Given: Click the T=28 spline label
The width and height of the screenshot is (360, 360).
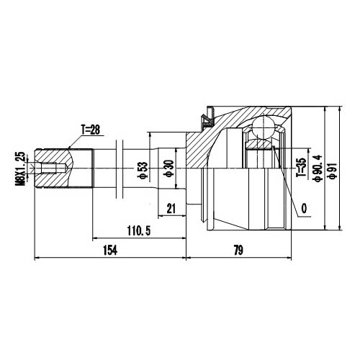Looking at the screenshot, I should (x=91, y=130).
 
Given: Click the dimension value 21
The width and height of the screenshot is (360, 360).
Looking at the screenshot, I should (x=171, y=208).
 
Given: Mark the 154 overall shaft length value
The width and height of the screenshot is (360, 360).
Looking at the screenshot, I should (x=109, y=250).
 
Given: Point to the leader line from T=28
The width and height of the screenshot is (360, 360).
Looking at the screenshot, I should (x=76, y=140).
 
